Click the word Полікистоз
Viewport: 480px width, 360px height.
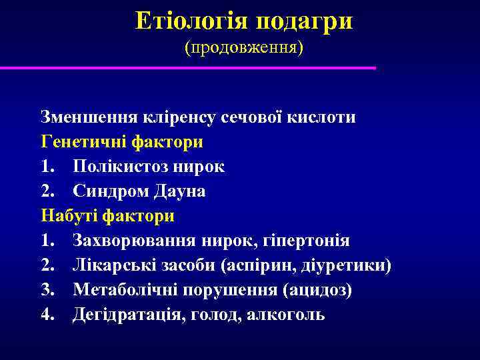coord(117,167)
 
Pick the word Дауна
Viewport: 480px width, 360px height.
coord(179,191)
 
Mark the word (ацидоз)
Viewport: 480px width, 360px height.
coord(317,290)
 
